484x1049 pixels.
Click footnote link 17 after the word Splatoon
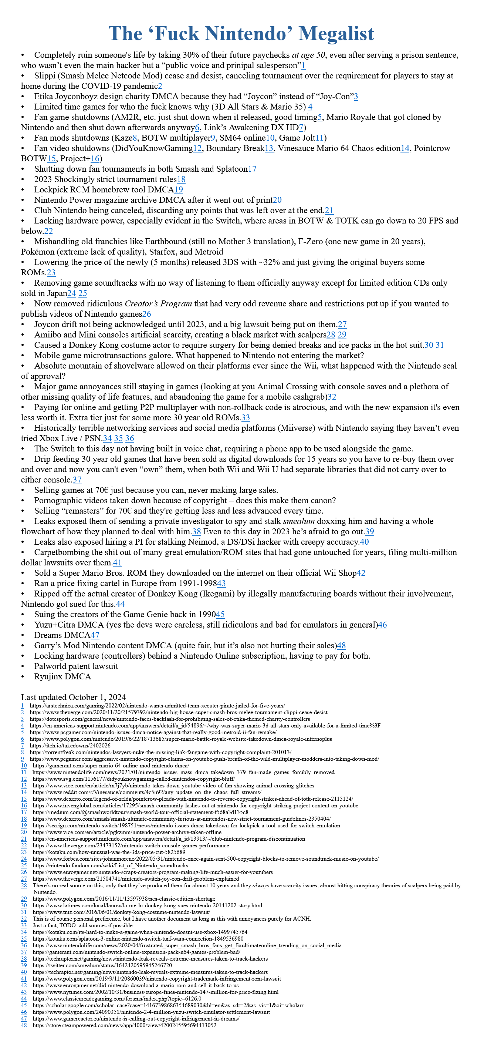tap(252, 169)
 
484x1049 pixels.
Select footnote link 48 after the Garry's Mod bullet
tap(342, 645)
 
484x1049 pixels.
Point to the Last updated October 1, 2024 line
tap(73, 697)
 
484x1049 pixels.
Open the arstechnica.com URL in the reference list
tap(157, 706)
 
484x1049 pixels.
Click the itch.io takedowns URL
tap(70, 746)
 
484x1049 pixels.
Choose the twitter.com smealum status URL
tap(102, 965)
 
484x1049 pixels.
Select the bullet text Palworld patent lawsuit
tap(76, 666)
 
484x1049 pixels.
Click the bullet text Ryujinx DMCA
tap(63, 676)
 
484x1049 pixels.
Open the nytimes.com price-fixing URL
tap(156, 992)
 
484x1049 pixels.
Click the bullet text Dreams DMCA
tap(62, 635)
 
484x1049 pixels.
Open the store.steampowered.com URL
tap(125, 1025)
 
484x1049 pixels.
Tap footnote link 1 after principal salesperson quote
tap(303, 65)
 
